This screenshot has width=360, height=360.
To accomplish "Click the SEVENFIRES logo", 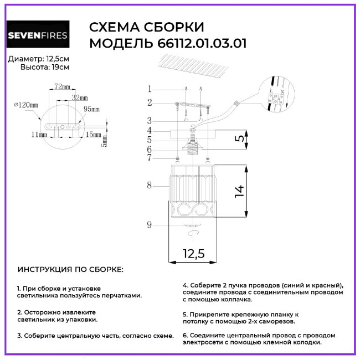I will click(x=38, y=37).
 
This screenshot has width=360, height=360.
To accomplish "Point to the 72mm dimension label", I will click(x=62, y=87).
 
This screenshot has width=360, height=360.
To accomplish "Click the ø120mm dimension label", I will click(x=25, y=105).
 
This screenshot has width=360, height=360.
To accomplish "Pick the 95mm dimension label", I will click(x=90, y=109).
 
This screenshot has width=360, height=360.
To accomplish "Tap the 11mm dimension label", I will click(x=39, y=135).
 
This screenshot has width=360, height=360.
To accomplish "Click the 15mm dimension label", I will click(x=93, y=135).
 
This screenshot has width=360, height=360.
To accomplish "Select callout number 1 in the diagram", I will click(x=149, y=89).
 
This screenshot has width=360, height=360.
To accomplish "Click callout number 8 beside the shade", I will click(x=149, y=186).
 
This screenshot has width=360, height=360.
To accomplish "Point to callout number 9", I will click(x=149, y=224).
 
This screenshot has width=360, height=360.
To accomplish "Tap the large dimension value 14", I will click(x=239, y=191).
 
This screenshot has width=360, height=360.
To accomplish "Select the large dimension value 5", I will click(x=238, y=139).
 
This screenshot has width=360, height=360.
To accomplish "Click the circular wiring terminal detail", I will click(x=275, y=95).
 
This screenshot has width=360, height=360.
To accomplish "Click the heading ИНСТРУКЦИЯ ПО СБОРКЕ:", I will click(x=71, y=270).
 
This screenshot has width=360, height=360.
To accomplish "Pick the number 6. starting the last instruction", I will click(x=185, y=335).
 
